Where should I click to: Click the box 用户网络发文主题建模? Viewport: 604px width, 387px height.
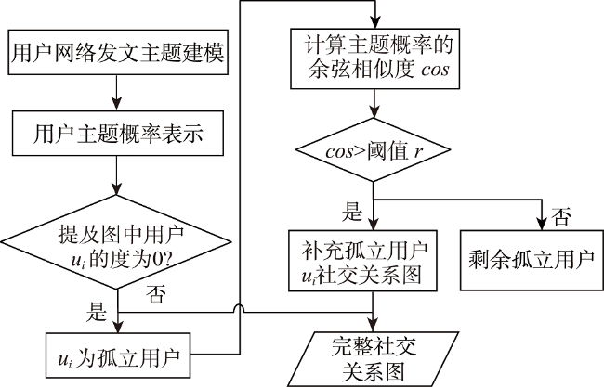pyautogui.click(x=118, y=52)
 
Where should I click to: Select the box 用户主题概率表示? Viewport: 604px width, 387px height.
pyautogui.click(x=118, y=133)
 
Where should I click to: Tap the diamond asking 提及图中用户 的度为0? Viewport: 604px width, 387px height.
pyautogui.click(x=116, y=241)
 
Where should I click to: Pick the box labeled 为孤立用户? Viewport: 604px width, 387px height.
pyautogui.click(x=118, y=355)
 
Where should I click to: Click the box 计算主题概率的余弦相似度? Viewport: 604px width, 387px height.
pyautogui.click(x=374, y=58)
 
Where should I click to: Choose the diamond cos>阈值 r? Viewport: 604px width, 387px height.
pyautogui.click(x=373, y=149)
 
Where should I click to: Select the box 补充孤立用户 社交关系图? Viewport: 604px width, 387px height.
pyautogui.click(x=362, y=261)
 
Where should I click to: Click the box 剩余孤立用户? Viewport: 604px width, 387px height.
pyautogui.click(x=532, y=261)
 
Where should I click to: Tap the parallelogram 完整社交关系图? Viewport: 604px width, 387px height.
pyautogui.click(x=374, y=359)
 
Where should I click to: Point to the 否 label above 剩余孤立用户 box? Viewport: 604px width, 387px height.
pyautogui.click(x=561, y=216)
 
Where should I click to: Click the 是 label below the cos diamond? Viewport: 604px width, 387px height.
pyautogui.click(x=352, y=212)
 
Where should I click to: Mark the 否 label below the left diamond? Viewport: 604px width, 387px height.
pyautogui.click(x=156, y=294)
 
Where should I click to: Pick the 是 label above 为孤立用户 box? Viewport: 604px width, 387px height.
pyautogui.click(x=96, y=312)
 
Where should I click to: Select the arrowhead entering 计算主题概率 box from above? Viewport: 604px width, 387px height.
pyautogui.click(x=374, y=22)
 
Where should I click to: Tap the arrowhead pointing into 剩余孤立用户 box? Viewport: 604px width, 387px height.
pyautogui.click(x=542, y=224)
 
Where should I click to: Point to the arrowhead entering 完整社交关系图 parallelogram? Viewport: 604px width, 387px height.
pyautogui.click(x=373, y=326)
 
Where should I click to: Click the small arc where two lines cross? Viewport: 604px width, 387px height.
pyautogui.click(x=239, y=308)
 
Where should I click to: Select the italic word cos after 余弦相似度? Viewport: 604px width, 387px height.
pyautogui.click(x=435, y=70)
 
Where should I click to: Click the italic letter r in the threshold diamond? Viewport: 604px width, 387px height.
pyautogui.click(x=418, y=151)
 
